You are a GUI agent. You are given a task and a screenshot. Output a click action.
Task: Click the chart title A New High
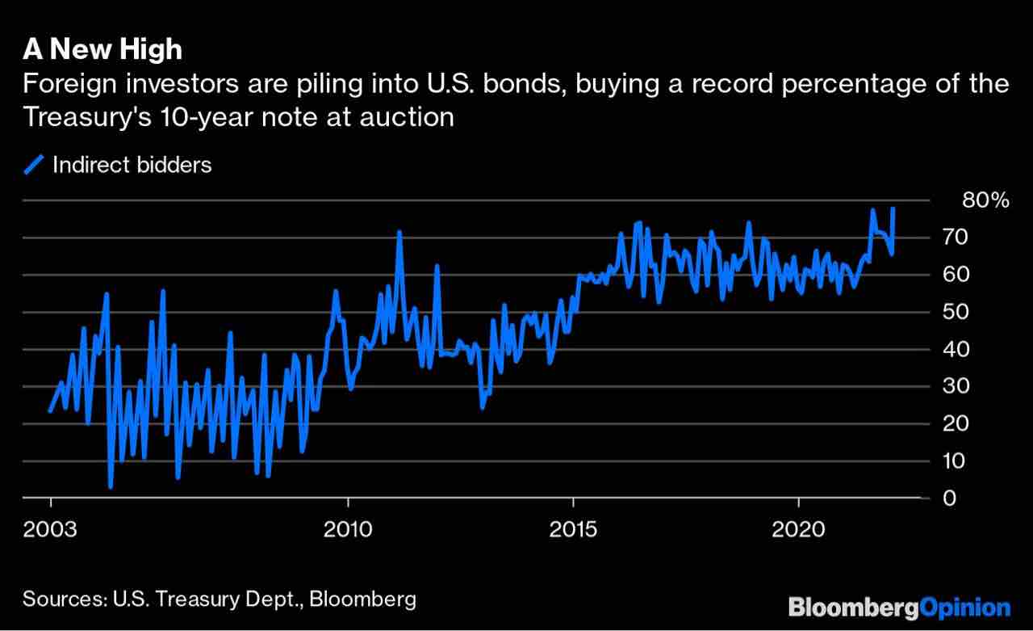coord(102,50)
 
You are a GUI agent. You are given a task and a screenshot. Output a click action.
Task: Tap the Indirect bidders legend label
coord(132,165)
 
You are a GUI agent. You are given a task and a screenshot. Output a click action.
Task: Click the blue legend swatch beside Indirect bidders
coord(34,165)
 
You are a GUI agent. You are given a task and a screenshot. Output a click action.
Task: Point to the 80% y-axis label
coord(986,200)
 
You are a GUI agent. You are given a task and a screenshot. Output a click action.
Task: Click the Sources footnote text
coord(220,599)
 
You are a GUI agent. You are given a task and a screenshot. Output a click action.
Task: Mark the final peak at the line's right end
coord(893,208)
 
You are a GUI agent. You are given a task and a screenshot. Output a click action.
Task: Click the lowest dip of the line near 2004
coord(111,487)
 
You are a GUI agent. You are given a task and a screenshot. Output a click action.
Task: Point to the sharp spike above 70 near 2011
coord(399,232)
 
